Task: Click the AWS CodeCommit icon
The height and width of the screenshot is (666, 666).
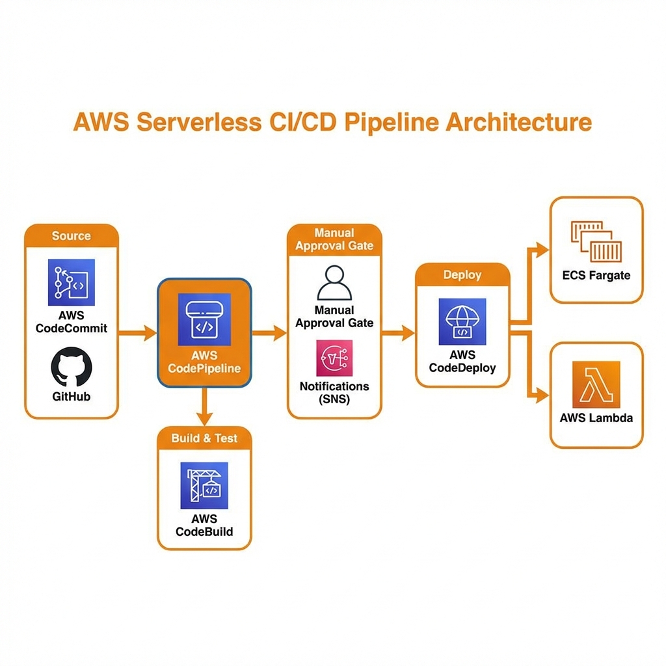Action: pyautogui.click(x=72, y=282)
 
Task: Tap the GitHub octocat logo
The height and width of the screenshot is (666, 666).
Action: pyautogui.click(x=72, y=367)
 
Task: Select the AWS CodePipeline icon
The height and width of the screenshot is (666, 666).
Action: pyautogui.click(x=204, y=319)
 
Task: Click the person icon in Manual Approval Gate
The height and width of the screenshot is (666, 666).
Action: pyautogui.click(x=334, y=282)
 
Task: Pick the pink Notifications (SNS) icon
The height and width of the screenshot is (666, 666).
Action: pyautogui.click(x=334, y=358)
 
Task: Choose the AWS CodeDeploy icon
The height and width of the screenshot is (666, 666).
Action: pyautogui.click(x=462, y=321)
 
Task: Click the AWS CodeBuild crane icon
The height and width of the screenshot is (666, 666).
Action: pyautogui.click(x=204, y=485)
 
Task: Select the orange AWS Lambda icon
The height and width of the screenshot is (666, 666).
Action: pyautogui.click(x=596, y=384)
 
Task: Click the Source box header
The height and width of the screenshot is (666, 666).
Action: pyautogui.click(x=72, y=235)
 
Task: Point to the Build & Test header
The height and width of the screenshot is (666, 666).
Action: pyautogui.click(x=204, y=438)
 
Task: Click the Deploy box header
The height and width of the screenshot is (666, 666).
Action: pyautogui.click(x=462, y=274)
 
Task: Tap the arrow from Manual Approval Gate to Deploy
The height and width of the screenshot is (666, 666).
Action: pyautogui.click(x=398, y=334)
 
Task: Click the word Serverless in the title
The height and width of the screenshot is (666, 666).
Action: pyautogui.click(x=191, y=122)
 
